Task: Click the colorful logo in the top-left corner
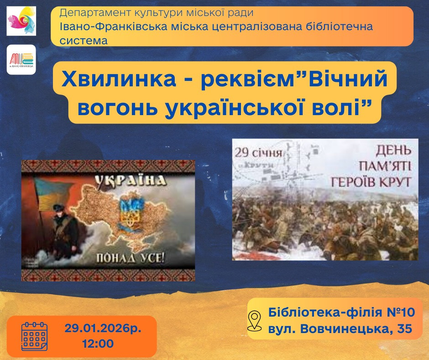point(21,21)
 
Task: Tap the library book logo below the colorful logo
point(21,59)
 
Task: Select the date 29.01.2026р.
point(103,328)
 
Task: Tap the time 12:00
point(98,343)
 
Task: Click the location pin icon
point(254,320)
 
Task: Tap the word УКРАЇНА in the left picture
point(130,181)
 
